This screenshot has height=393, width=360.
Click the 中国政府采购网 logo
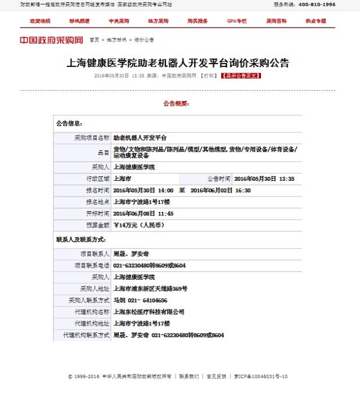click(51, 40)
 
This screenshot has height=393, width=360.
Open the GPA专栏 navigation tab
click(237, 21)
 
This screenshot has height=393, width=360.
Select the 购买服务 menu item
click(197, 21)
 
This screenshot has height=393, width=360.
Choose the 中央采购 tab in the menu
click(119, 21)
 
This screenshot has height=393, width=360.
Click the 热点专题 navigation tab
click(316, 21)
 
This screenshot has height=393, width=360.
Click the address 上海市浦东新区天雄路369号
click(150, 288)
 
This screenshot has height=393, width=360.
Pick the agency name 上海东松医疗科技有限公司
click(148, 311)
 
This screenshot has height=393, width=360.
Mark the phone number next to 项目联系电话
click(149, 265)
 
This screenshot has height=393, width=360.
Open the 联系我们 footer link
click(189, 376)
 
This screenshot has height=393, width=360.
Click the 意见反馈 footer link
click(216, 376)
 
